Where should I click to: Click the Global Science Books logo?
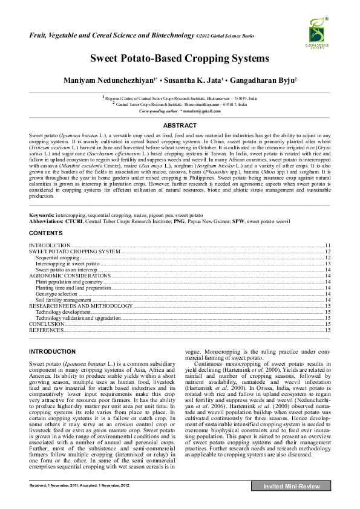click(316, 33)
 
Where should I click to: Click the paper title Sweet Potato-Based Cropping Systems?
click(179, 59)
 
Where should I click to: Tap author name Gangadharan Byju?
click(264, 80)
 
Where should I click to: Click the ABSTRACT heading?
click(180, 125)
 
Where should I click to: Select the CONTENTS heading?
click(45, 232)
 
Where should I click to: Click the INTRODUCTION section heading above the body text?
click(53, 351)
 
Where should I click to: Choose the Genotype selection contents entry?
click(56, 294)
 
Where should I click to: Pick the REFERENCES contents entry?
click(47, 330)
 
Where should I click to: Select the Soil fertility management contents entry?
click(64, 300)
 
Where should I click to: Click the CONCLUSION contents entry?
click(47, 324)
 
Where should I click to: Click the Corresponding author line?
click(179, 111)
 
